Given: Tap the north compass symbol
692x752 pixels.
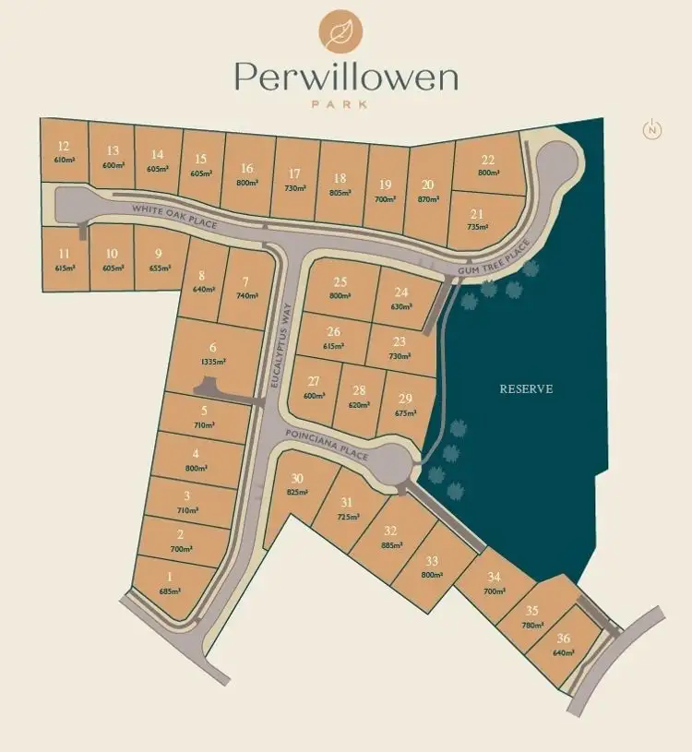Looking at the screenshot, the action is click(652, 130).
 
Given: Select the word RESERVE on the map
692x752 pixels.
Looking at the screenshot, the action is click(526, 388).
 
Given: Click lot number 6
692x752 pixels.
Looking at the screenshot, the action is click(212, 347).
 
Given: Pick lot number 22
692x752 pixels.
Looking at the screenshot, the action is click(488, 160).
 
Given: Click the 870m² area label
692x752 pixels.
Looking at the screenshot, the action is click(427, 198).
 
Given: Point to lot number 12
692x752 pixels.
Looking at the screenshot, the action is click(64, 146).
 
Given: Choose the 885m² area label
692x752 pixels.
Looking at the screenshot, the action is click(391, 545).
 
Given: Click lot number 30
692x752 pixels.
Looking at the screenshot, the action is click(297, 478).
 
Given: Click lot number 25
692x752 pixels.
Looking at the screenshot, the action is click(340, 281).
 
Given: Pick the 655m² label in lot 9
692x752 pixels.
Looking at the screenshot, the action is click(159, 268).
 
